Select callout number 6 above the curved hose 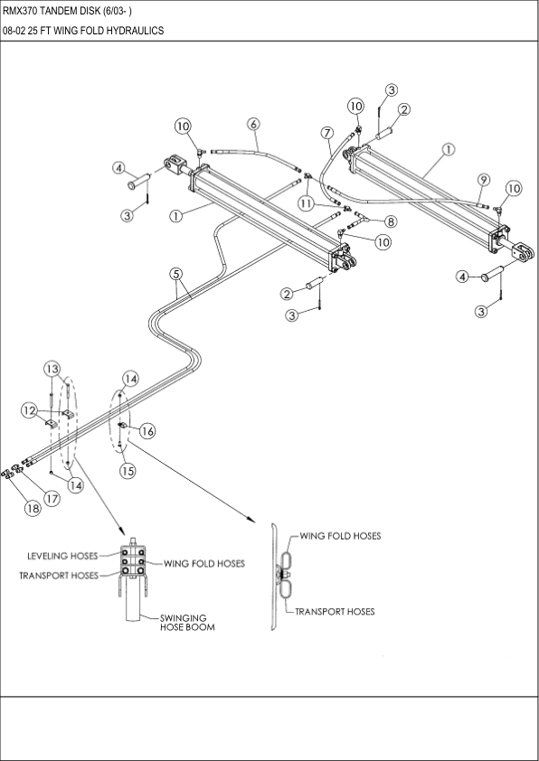(x=253, y=124)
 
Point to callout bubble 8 (x=390, y=221)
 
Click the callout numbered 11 (x=307, y=204)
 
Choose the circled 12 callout (x=30, y=410)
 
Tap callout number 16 (x=147, y=431)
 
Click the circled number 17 (x=52, y=497)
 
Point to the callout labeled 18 (x=33, y=509)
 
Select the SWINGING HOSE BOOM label (x=187, y=623)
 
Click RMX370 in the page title (x=24, y=11)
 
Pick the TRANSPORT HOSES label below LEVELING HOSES (x=59, y=575)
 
